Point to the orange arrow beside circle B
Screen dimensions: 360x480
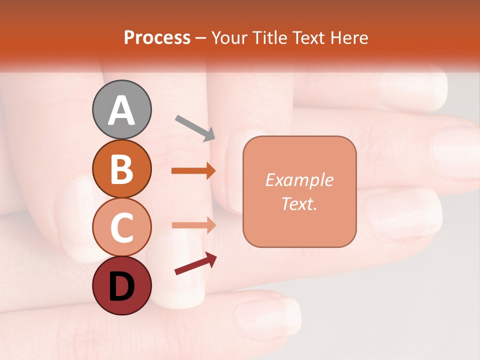[193, 171]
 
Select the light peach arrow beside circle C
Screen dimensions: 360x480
[193, 225]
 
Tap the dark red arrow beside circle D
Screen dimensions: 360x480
[195, 263]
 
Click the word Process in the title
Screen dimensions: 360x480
[157, 38]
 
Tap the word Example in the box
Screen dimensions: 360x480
[299, 180]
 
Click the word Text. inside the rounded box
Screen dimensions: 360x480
[299, 203]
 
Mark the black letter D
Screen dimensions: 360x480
[122, 286]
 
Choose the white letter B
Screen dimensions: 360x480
[122, 169]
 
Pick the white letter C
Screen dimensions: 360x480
[122, 228]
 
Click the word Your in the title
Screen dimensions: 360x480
[230, 38]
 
